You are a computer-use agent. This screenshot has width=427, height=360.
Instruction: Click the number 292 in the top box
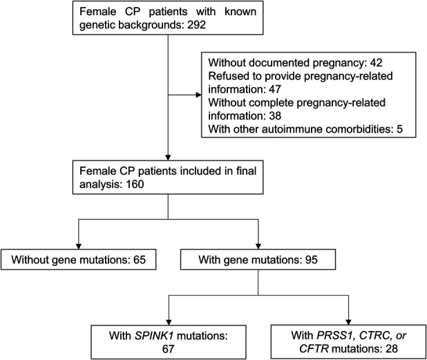[x=196, y=25]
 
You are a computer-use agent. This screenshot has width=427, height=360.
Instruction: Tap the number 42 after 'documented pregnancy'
[x=376, y=63]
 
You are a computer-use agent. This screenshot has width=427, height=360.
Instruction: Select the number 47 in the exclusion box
[x=274, y=89]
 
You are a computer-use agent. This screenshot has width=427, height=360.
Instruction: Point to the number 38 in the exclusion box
[x=274, y=115]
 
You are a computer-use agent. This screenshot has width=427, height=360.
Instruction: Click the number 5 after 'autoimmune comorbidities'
[x=399, y=129]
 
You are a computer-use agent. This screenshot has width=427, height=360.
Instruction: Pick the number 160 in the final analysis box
[x=135, y=184]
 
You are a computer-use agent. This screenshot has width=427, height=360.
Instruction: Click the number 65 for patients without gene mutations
[x=140, y=260]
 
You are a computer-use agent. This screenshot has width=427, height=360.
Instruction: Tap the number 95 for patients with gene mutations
[x=311, y=260]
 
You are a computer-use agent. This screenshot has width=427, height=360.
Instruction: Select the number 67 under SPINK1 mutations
[x=168, y=349]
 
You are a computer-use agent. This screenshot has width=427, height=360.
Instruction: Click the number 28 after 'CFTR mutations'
[x=391, y=349]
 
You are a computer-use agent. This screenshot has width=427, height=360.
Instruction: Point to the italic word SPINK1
[x=154, y=336]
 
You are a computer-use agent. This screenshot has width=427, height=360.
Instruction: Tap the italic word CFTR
[x=314, y=349]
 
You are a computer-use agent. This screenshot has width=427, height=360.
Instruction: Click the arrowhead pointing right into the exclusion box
[x=199, y=95]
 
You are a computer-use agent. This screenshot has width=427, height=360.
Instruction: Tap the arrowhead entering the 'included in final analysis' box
[x=168, y=158]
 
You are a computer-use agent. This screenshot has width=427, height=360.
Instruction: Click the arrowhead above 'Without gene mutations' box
[x=79, y=246]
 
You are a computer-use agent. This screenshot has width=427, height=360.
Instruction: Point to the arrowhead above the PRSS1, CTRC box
[x=348, y=322]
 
